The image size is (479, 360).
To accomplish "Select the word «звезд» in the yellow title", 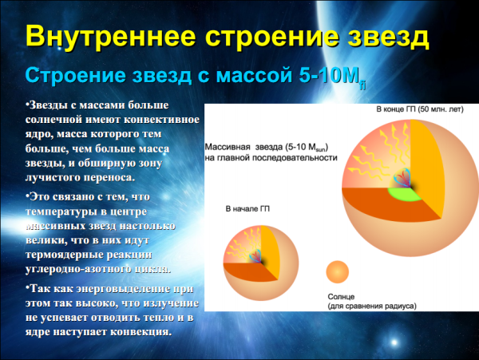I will (x=378, y=37).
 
